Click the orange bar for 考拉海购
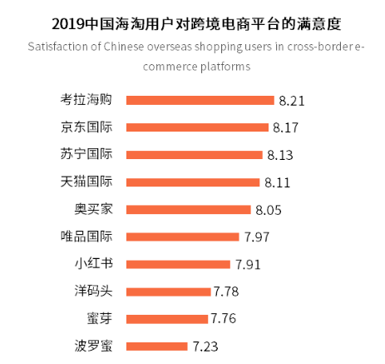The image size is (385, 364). tap(200, 100)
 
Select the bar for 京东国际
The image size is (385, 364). tap(197, 127)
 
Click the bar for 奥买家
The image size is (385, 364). tap(188, 209)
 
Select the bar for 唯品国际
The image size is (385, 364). tap(182, 237)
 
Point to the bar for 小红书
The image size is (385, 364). tap(177, 264)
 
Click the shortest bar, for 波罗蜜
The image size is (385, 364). tap(156, 346)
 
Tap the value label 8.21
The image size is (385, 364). tap(293, 101)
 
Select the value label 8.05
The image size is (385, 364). tap(269, 210)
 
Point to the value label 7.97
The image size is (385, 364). tap(257, 237)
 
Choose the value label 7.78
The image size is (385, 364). tap(226, 292)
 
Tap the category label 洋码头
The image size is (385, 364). tap(93, 292)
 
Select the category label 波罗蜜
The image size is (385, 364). tap(93, 346)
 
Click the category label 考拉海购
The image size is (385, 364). tap(86, 100)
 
